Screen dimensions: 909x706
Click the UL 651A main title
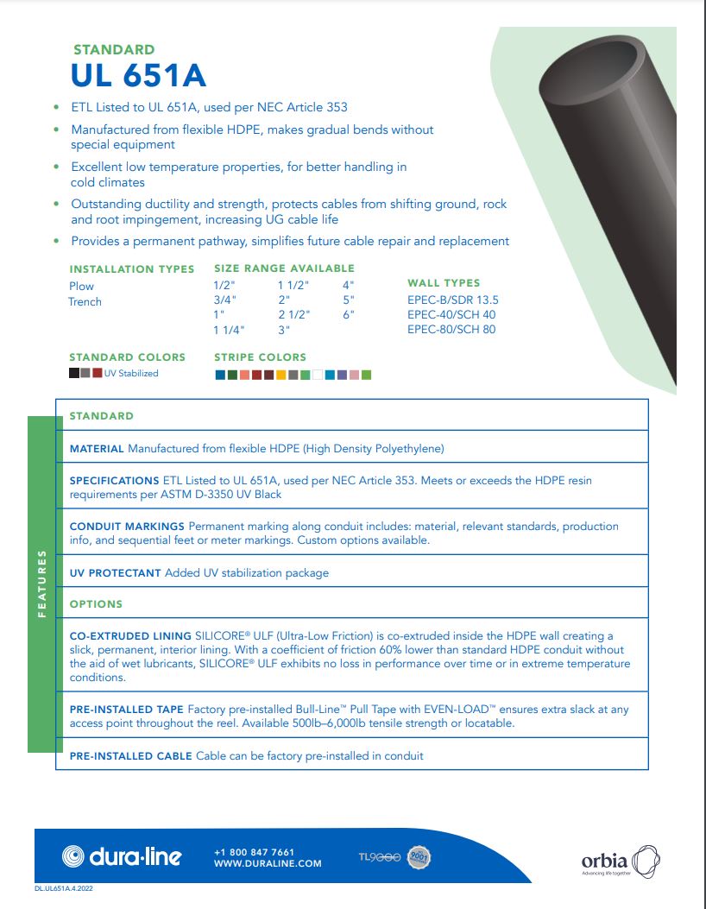[x=138, y=77]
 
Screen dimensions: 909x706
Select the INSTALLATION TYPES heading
[x=132, y=268]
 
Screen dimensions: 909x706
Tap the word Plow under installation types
[x=81, y=287]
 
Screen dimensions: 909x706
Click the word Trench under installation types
[x=85, y=302]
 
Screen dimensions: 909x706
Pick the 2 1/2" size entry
[x=293, y=315]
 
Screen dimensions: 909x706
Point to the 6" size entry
[x=349, y=315]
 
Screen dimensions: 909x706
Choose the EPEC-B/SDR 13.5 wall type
[x=453, y=300]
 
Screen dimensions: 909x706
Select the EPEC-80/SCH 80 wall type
[x=451, y=330]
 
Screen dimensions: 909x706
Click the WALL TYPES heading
[x=444, y=283]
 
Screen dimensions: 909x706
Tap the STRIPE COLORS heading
[x=260, y=357]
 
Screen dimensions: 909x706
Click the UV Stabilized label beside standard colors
[x=131, y=374]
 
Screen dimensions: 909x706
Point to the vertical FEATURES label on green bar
[x=41, y=583]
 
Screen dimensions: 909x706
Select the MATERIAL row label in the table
[x=97, y=449]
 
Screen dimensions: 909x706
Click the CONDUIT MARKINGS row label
[x=127, y=526]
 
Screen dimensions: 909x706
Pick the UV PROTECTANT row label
[x=115, y=573]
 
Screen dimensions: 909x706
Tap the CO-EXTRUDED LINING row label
[x=130, y=636]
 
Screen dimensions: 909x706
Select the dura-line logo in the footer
[x=122, y=856]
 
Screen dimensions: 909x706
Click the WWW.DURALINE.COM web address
[x=268, y=863]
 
